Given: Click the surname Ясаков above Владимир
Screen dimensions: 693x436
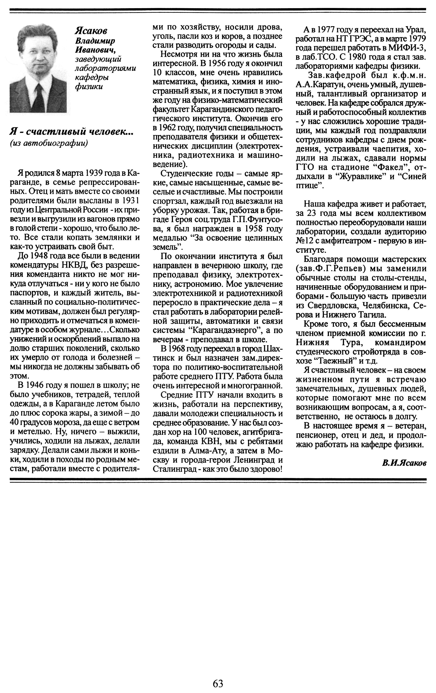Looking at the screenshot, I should coord(91,31).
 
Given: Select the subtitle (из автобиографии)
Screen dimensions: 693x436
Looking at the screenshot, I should coord(49,143).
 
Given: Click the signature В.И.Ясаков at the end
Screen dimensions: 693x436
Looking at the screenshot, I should coord(404,463).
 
